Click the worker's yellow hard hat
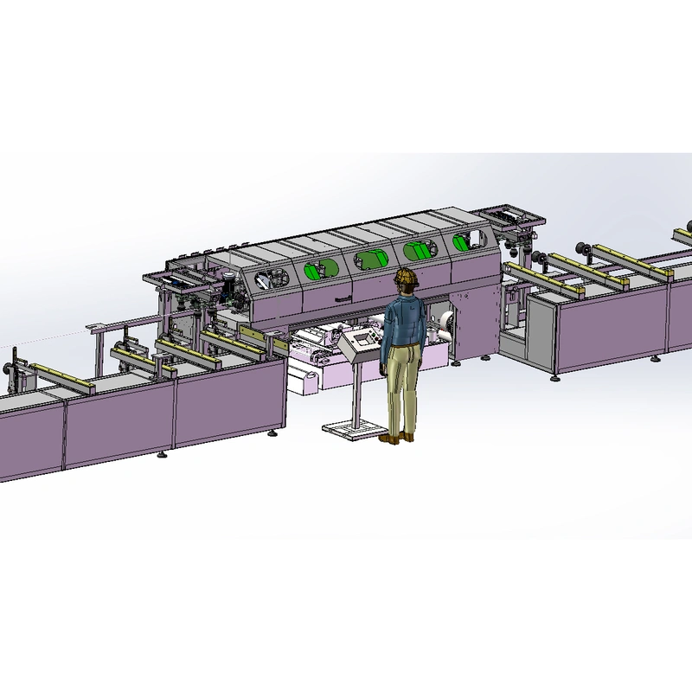coord(405,278)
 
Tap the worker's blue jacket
coord(403,323)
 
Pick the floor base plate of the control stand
coord(351,428)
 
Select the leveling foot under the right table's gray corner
coord(554,375)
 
